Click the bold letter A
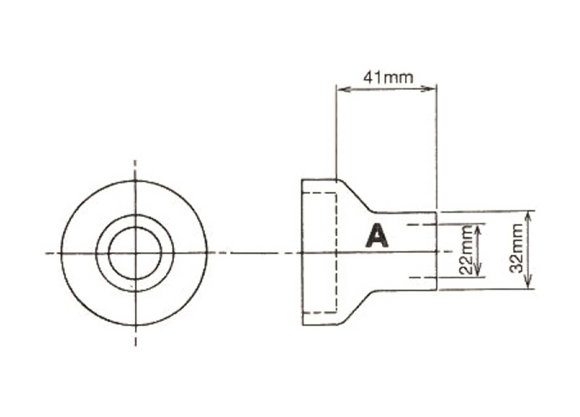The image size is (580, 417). pyautogui.click(x=377, y=236)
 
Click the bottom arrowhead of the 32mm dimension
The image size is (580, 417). pyautogui.click(x=529, y=285)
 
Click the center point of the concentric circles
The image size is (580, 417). pyautogui.click(x=135, y=253)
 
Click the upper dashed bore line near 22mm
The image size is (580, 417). pyautogui.click(x=421, y=225)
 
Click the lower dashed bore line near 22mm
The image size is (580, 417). pyautogui.click(x=421, y=277)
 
